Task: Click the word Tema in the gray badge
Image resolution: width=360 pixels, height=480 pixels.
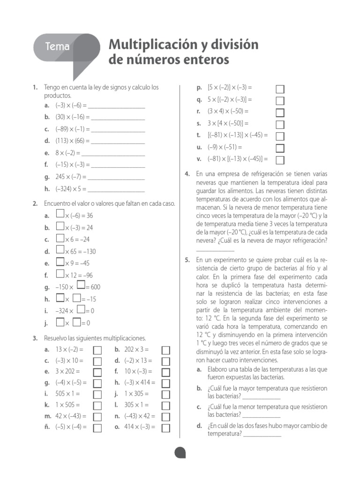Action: pyautogui.click(x=58, y=47)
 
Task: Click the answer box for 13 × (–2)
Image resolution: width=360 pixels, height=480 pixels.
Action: pyautogui.click(x=97, y=350)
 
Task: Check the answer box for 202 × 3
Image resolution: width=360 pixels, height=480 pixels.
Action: pyautogui.click(x=166, y=350)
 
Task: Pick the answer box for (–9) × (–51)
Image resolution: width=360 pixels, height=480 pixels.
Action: pyautogui.click(x=280, y=148)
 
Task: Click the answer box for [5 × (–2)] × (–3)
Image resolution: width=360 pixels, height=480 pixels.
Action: pyautogui.click(x=280, y=89)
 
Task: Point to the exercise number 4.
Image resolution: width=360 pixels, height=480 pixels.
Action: pyautogui.click(x=187, y=174)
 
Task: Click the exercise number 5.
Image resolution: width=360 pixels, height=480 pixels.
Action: pyautogui.click(x=187, y=259)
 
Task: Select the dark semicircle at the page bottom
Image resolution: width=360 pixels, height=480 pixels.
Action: pyautogui.click(x=180, y=452)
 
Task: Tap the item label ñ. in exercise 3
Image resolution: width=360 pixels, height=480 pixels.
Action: pyautogui.click(x=47, y=427)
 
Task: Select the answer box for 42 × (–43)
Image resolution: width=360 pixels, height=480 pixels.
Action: pyautogui.click(x=97, y=416)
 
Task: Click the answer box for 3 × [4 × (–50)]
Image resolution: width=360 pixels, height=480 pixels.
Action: pyautogui.click(x=280, y=124)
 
